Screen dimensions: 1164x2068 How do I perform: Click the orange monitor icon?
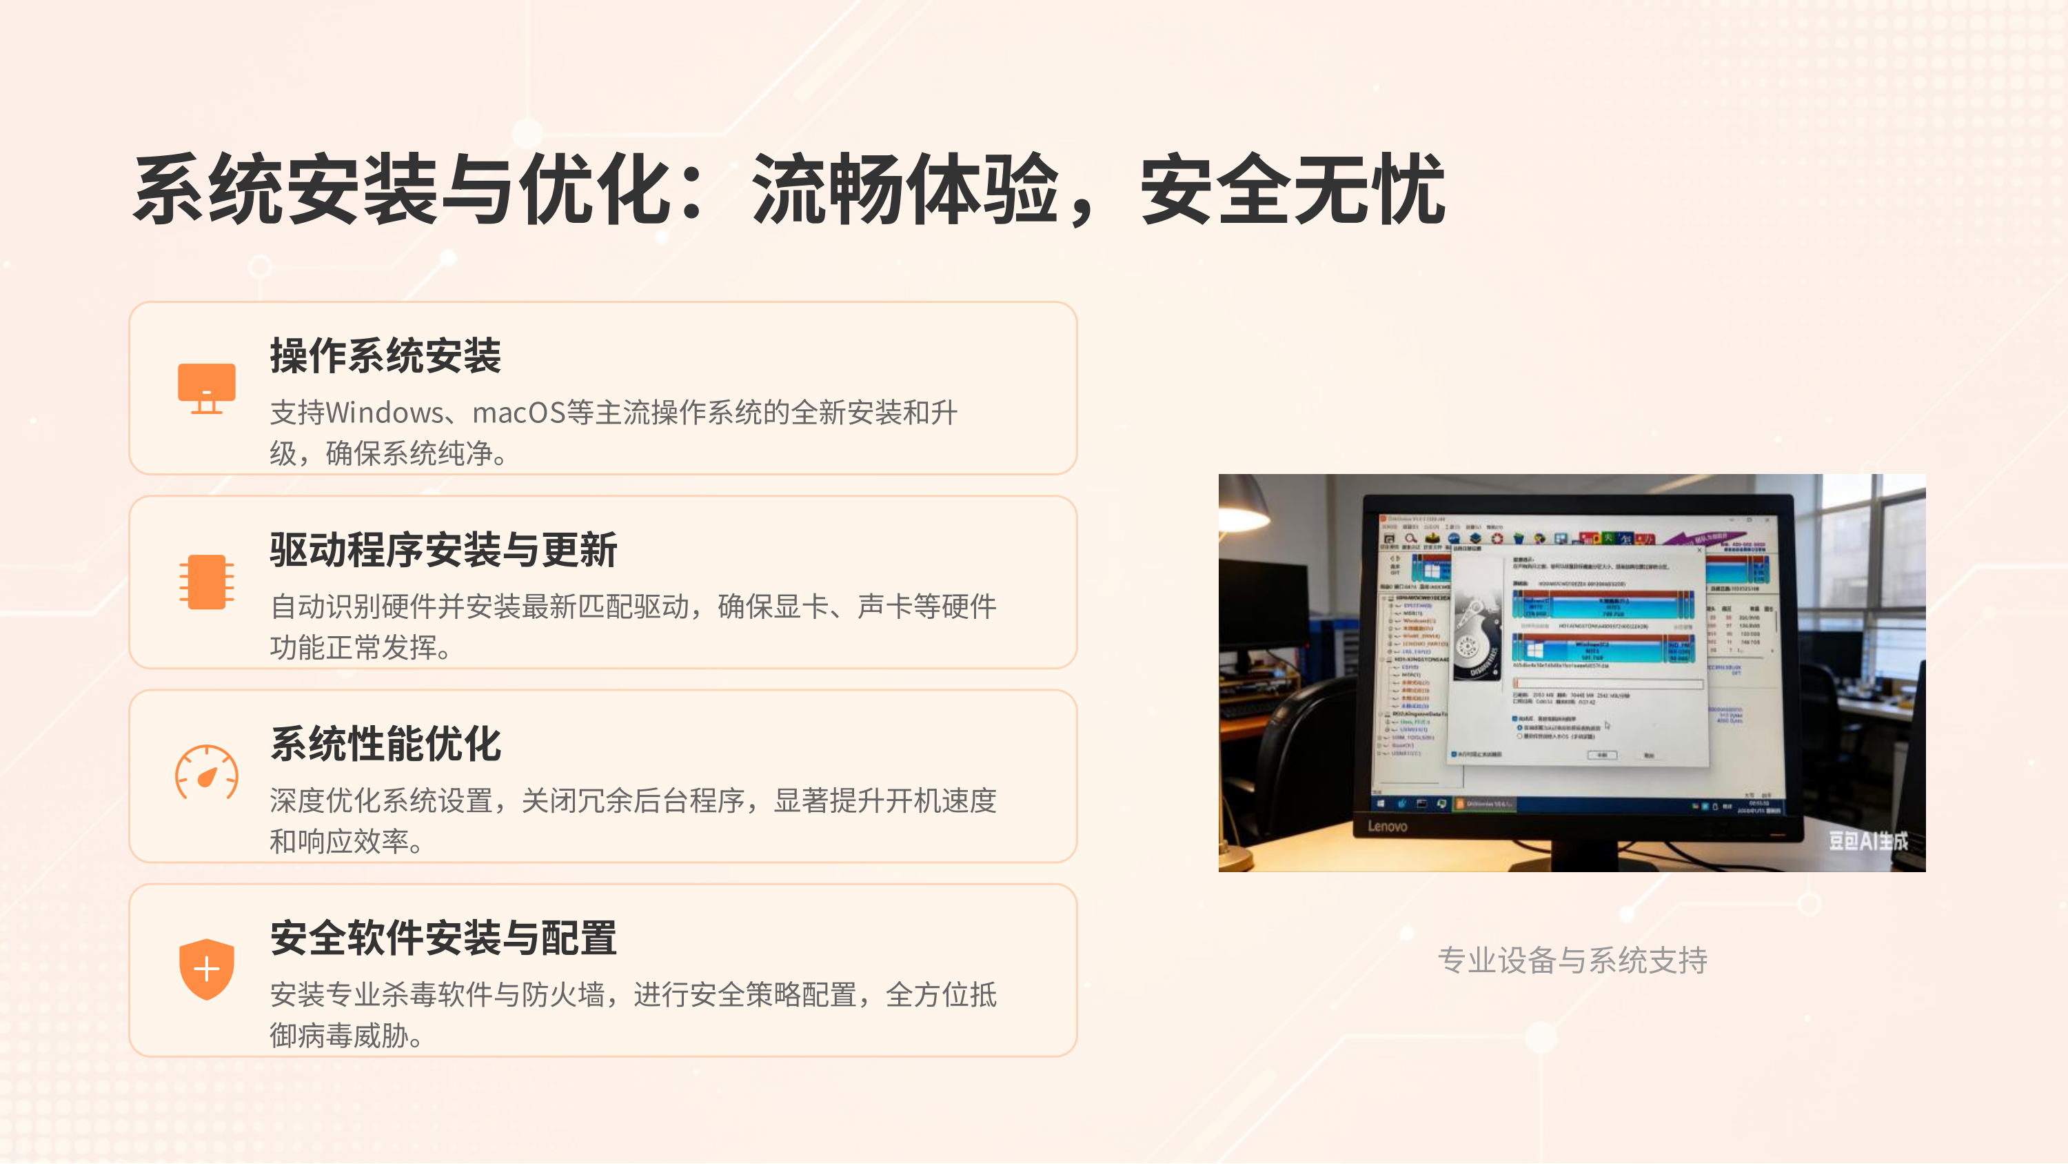(206, 388)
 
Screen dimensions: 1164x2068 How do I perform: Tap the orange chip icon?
(206, 582)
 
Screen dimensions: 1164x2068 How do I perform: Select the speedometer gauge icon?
(206, 773)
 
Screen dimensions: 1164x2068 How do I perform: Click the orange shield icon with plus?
(206, 969)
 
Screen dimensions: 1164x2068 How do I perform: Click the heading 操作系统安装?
(385, 356)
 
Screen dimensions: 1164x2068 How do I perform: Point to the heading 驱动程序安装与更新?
(443, 551)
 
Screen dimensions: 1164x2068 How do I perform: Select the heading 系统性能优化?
(385, 744)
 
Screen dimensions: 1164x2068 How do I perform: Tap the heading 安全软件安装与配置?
(443, 938)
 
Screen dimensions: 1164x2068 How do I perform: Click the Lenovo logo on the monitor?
(1387, 826)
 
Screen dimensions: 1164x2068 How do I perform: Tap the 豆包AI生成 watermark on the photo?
(1867, 841)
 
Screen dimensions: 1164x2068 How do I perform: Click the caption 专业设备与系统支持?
(1572, 960)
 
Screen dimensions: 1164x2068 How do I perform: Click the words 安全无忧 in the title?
(1292, 190)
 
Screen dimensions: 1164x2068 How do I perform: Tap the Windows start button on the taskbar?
(1381, 803)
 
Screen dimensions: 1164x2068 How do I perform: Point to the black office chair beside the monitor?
(1292, 747)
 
